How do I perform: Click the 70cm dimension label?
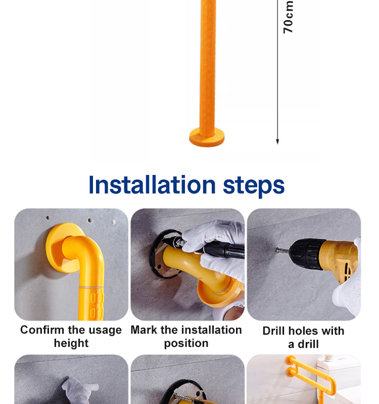pos(288,17)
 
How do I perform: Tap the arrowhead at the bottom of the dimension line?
pos(277,142)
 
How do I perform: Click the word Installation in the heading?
pos(152,185)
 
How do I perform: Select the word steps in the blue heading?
pos(254,187)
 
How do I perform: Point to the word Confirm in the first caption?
pos(42,330)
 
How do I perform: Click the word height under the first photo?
pos(71,343)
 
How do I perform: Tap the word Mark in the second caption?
pos(144,330)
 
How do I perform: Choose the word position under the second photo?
pos(186,343)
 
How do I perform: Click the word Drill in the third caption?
pos(273,331)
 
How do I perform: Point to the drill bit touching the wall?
pos(282,250)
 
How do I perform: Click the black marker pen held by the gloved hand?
pos(214,248)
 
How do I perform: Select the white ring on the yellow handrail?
pos(91,287)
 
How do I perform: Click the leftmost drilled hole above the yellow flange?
pos(48,218)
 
